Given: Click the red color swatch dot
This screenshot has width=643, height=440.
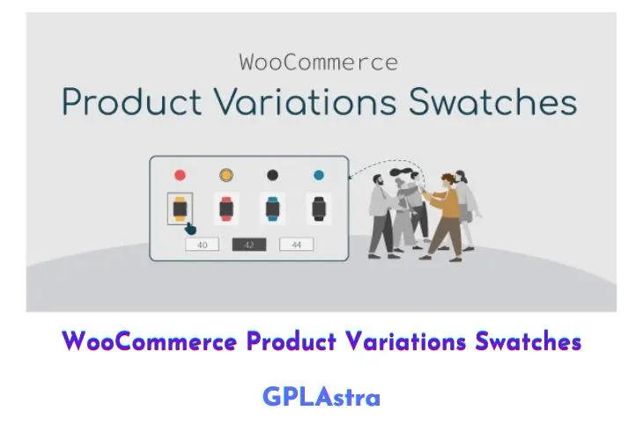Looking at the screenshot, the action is click(x=180, y=175).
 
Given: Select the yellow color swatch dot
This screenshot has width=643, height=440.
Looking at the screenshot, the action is click(x=226, y=175).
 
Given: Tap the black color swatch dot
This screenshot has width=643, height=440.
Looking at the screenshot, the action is click(x=272, y=175).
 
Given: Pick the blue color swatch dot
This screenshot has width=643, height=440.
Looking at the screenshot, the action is click(x=319, y=175).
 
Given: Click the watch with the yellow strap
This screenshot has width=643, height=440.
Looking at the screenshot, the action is click(x=180, y=209).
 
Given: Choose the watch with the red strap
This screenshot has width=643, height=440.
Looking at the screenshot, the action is click(x=226, y=209).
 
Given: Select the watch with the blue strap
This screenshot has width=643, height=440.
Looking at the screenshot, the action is click(x=273, y=209).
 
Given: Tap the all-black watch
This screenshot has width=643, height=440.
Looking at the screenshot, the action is click(x=319, y=209).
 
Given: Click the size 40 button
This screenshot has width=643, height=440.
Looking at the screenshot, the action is click(x=203, y=245).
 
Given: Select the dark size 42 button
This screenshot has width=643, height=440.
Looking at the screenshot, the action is click(x=249, y=245).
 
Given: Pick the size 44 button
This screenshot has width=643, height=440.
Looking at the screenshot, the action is click(x=297, y=245).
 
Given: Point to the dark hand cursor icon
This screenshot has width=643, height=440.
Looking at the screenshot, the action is click(x=190, y=229).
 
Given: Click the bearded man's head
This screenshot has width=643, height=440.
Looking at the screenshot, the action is click(x=378, y=180).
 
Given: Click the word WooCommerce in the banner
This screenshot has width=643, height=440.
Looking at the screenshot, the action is click(x=319, y=62).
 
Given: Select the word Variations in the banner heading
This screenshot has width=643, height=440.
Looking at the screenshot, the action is click(x=306, y=101).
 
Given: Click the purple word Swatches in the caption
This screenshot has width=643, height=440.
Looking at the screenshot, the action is click(x=528, y=341).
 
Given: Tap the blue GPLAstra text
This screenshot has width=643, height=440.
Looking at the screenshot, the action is click(x=321, y=397).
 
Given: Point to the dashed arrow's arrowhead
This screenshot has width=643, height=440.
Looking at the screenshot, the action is click(x=351, y=177).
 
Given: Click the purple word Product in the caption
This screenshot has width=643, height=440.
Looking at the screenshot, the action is click(x=292, y=341).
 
